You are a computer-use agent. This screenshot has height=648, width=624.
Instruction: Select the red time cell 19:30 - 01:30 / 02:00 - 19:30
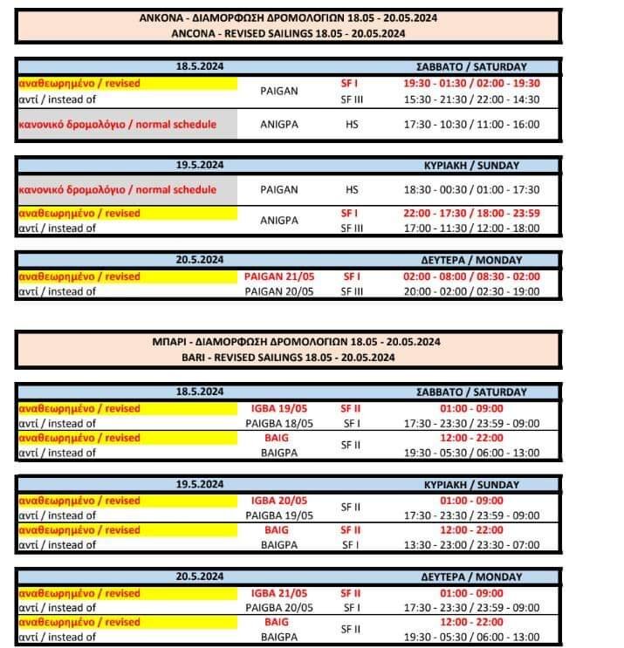click(471, 84)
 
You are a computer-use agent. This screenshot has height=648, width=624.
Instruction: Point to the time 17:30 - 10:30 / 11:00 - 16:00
click(471, 124)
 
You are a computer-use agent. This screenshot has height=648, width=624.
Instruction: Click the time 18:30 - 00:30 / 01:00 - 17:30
click(471, 189)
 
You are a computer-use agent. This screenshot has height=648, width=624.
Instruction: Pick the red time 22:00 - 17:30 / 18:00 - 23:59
click(471, 214)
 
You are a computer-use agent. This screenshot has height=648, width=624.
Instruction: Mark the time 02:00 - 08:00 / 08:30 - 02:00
click(471, 276)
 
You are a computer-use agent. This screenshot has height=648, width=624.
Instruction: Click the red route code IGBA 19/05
click(277, 408)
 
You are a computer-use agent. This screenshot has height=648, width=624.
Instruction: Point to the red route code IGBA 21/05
click(277, 593)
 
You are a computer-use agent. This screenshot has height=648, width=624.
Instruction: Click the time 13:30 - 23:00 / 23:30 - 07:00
click(471, 545)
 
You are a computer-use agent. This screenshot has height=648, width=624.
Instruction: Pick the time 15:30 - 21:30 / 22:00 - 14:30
click(471, 99)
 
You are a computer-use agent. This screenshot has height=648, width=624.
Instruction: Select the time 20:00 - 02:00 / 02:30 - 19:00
click(471, 291)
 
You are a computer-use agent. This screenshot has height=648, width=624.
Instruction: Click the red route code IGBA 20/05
click(277, 501)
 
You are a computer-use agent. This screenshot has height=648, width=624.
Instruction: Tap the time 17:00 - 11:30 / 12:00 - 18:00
click(471, 229)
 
